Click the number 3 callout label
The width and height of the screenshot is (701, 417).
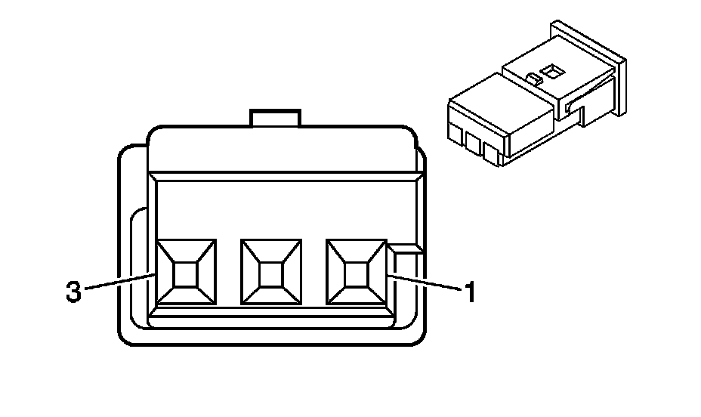click(x=73, y=292)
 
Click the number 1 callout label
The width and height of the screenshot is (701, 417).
click(x=469, y=292)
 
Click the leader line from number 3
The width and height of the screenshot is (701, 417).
click(x=121, y=282)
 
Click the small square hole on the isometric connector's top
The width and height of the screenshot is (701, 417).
click(x=553, y=72)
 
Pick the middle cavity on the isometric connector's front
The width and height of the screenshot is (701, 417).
click(x=474, y=143)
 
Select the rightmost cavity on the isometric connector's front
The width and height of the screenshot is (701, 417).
click(x=493, y=153)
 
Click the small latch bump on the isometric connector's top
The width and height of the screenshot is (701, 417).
click(x=533, y=78)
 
